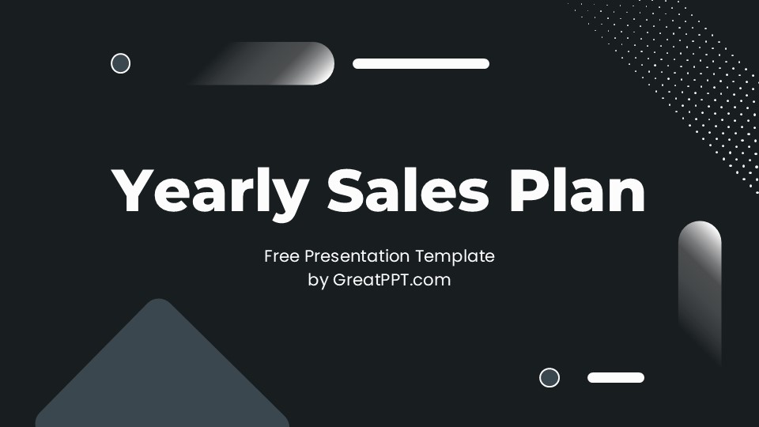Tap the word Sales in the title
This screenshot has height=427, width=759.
(408, 192)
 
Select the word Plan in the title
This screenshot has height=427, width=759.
(577, 192)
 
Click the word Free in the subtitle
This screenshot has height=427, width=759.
(281, 256)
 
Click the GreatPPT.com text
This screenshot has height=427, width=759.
(391, 280)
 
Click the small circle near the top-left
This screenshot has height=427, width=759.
(120, 63)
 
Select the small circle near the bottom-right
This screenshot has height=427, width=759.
(549, 377)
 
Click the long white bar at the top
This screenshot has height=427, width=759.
(421, 63)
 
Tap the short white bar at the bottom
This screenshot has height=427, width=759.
(616, 377)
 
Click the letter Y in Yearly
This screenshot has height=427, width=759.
(134, 192)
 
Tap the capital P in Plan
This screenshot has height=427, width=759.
(527, 192)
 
